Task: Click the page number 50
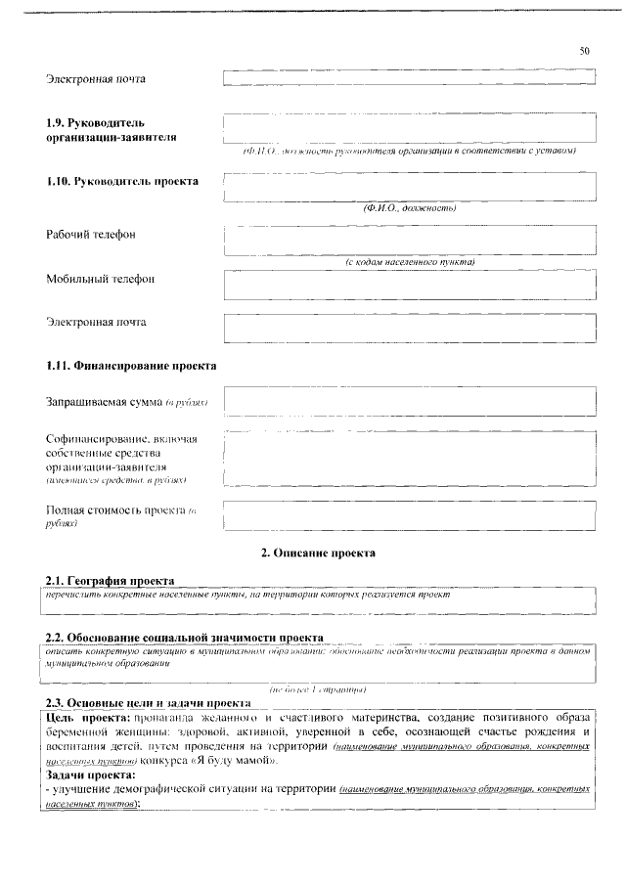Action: click(584, 50)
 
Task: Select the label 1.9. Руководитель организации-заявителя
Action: click(112, 130)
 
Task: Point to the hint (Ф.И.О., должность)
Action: click(410, 207)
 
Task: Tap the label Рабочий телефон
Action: click(91, 235)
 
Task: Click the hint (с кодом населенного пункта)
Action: click(410, 262)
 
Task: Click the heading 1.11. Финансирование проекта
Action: click(132, 366)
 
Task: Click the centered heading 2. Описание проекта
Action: click(318, 553)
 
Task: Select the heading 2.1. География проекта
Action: click(111, 579)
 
